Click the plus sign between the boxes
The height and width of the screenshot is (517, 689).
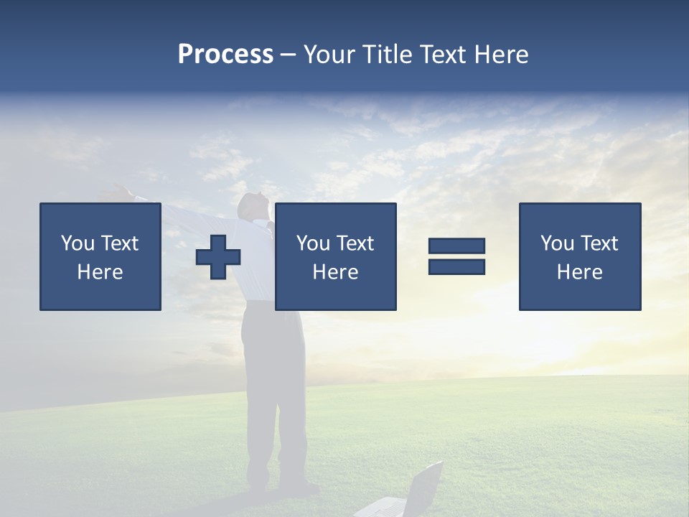click(x=218, y=257)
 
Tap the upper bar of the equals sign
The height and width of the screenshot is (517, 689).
click(x=456, y=246)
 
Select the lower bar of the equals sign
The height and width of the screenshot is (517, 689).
click(x=456, y=266)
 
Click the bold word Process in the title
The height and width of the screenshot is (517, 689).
click(x=225, y=54)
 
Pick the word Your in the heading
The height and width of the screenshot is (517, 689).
click(x=329, y=54)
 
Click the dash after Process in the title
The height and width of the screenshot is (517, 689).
click(x=288, y=55)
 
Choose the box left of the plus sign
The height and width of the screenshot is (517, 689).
click(x=100, y=256)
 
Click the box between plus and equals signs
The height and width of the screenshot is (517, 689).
click(x=336, y=256)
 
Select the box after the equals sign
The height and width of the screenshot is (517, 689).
click(x=580, y=256)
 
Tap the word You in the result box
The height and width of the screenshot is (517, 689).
click(x=557, y=243)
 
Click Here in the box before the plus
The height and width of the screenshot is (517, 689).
click(x=100, y=272)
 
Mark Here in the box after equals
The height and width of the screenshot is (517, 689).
click(x=580, y=272)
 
